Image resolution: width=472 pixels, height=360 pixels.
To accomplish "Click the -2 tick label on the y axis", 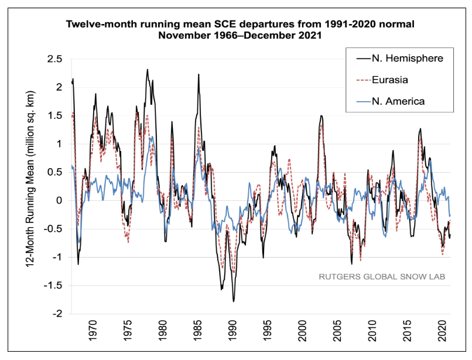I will point(57,314).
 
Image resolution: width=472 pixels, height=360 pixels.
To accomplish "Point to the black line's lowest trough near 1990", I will point(233,301).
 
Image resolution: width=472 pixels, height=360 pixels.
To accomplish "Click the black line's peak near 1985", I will point(199,74).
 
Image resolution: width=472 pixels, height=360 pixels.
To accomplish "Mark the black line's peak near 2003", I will point(321,116).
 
